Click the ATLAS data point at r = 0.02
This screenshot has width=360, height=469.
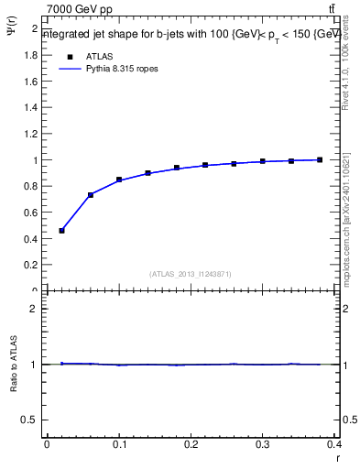coord(61,231)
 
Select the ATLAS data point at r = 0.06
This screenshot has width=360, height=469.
coord(91,195)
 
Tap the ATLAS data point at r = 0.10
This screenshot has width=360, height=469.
coord(119,180)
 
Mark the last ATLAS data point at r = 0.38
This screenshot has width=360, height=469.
coord(320,160)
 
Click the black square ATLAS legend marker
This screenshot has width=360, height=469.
coord(68,56)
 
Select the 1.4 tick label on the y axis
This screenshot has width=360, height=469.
coord(33,108)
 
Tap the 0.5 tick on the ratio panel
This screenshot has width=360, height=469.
coord(32,420)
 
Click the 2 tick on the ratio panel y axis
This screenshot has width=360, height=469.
coord(35,309)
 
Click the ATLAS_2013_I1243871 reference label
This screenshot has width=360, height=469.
coord(191,274)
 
